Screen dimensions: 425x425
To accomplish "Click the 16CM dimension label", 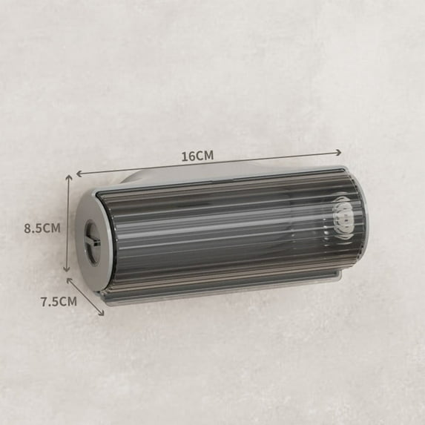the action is pos(197,156).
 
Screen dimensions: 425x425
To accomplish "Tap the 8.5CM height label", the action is pos(42,228).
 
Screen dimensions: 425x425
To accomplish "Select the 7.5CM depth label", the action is pos(59,301).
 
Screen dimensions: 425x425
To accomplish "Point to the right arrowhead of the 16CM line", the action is pos(338,153).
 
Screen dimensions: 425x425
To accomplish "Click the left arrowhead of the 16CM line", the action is pos(79,174).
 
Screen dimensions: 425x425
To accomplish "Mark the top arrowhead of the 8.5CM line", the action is pos(69,177).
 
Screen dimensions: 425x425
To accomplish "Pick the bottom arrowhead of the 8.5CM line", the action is pos(67,269).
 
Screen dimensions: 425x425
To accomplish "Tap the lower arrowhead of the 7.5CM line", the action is pos(101,312).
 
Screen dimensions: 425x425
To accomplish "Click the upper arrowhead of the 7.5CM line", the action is pos(70,281).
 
